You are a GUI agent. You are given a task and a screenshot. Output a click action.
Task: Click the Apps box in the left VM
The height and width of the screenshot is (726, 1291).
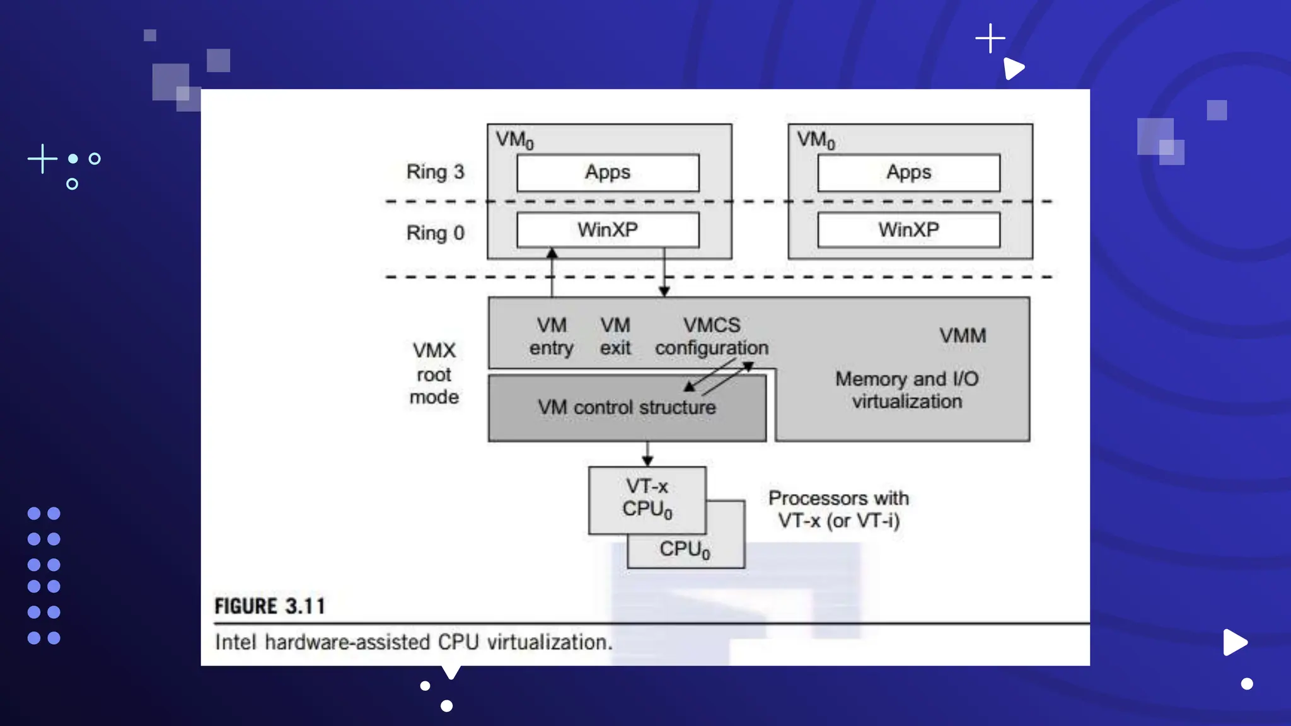point(608,173)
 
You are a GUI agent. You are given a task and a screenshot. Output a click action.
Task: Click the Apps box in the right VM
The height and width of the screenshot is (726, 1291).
point(908,173)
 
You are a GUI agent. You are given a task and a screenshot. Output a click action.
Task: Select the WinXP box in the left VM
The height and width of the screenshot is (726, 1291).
point(608,230)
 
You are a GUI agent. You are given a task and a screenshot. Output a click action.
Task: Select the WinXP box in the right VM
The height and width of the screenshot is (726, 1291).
point(908,230)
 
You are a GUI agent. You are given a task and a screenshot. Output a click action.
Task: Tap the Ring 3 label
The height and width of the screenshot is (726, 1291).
point(435,172)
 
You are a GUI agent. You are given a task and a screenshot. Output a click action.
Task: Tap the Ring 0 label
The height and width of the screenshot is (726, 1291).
point(435,233)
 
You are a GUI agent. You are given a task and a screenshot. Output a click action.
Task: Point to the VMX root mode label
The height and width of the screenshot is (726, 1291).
point(434,374)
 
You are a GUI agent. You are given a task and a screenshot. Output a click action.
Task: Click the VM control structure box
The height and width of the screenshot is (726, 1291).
point(627,408)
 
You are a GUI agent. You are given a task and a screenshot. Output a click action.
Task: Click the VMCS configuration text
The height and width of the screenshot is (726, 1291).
point(712,337)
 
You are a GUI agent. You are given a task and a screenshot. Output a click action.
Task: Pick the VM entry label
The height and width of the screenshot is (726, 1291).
point(552,337)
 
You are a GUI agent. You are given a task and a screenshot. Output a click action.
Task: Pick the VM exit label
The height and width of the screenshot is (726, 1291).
point(615,337)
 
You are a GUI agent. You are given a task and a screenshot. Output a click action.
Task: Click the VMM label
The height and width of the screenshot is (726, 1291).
point(963,336)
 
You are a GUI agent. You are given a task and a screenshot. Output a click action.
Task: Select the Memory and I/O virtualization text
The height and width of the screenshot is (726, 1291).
point(906,390)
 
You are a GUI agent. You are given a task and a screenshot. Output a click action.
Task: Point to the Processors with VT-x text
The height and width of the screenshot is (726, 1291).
point(838,509)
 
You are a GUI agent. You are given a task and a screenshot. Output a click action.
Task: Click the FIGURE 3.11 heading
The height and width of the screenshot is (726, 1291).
point(270,606)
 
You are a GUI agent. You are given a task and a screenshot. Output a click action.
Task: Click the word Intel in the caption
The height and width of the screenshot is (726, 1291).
point(235,642)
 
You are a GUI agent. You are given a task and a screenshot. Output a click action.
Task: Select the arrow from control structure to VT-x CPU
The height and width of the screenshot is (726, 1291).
point(647,454)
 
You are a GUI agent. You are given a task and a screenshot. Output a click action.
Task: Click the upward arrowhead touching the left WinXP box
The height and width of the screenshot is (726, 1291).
point(552,253)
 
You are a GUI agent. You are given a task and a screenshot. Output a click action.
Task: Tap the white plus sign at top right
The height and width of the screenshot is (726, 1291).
point(990,38)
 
